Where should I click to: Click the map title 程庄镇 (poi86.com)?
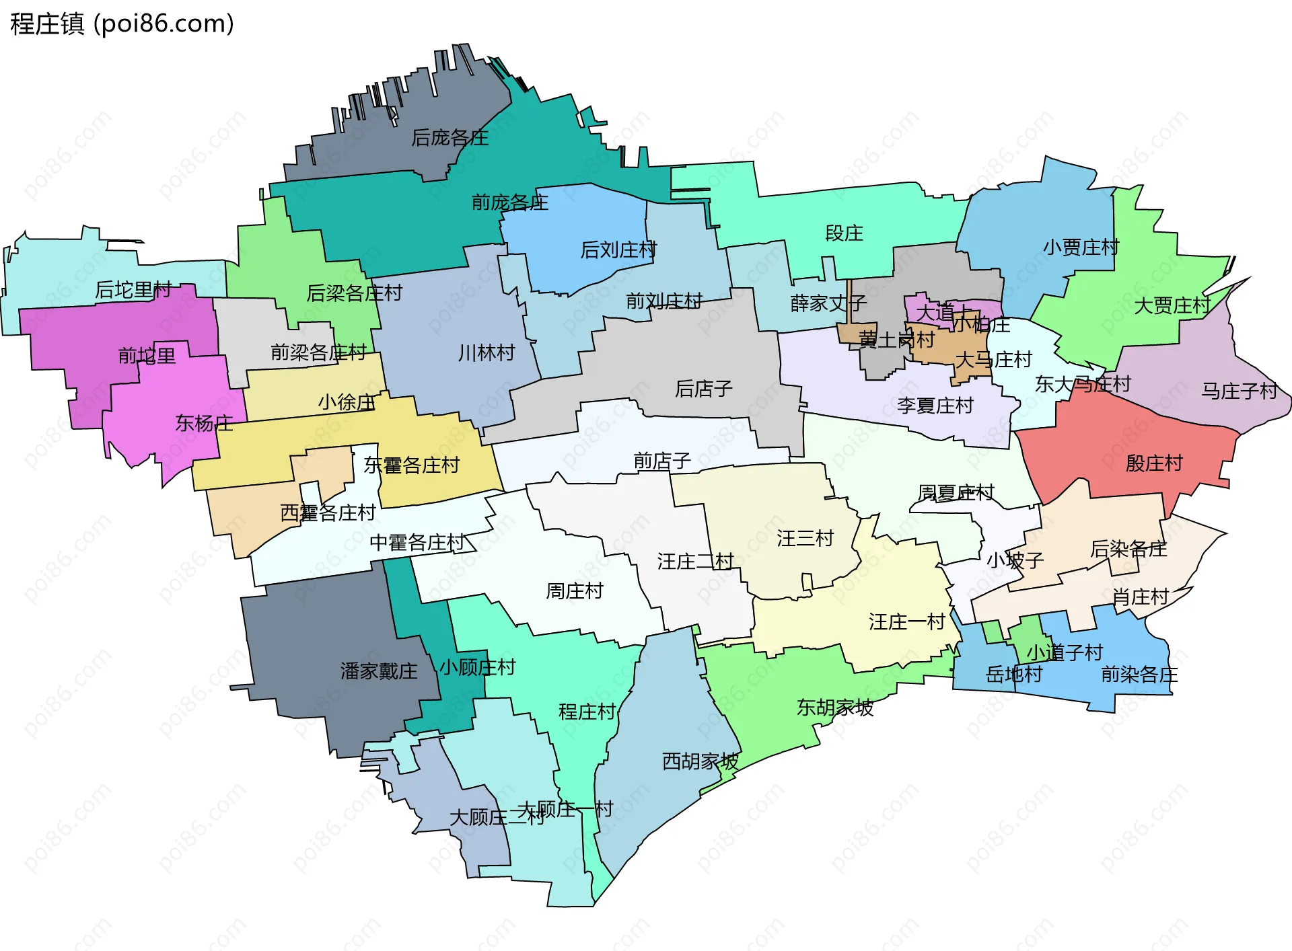tap(122, 24)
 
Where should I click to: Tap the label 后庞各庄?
tap(450, 138)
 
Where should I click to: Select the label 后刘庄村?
tap(618, 250)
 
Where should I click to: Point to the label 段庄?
tap(844, 233)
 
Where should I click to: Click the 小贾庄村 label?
tap(1081, 248)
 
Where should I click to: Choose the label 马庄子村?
tap(1239, 391)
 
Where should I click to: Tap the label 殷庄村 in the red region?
tap(1153, 463)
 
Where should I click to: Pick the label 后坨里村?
tap(133, 290)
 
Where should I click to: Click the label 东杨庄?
tap(204, 423)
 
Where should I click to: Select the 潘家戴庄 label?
tap(378, 671)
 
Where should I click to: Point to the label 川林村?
tap(486, 352)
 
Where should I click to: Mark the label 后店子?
tap(703, 388)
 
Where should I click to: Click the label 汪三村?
tap(805, 538)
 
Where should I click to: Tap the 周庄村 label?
tap(574, 591)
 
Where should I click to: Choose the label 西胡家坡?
tap(700, 761)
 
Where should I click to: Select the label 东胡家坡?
tap(834, 707)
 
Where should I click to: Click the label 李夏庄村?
tap(935, 406)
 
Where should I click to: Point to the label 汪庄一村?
tap(906, 621)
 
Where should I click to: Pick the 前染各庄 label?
tap(1139, 674)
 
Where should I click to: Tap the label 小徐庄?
tap(346, 402)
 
